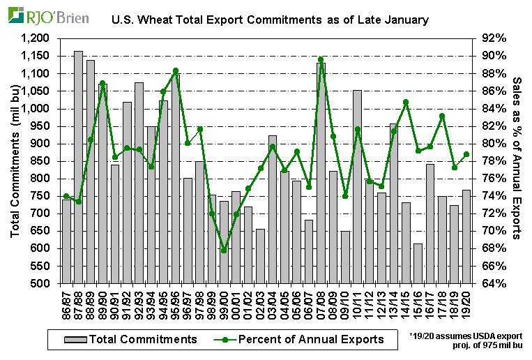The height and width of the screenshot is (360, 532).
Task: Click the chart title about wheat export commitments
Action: pos(270,21)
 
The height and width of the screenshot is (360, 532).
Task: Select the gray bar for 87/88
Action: pos(79,167)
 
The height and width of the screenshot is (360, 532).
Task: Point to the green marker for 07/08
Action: pos(321,60)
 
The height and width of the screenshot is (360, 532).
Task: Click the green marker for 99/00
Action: pos(224,250)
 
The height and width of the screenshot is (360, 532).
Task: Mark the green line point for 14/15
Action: pos(406,103)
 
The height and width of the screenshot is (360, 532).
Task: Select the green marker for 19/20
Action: pos(466,154)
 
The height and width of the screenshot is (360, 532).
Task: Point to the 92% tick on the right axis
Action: pos(492,38)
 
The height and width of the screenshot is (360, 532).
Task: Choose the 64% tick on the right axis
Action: pos(492,284)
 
